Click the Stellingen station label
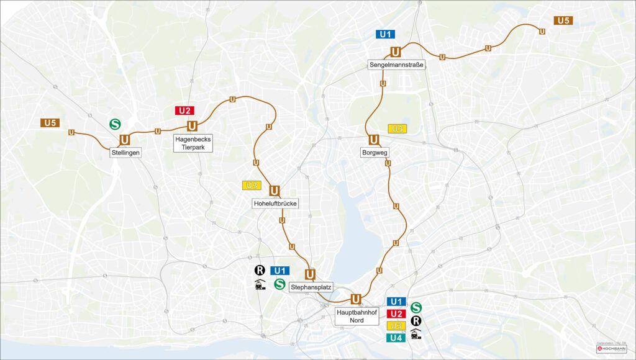(126, 152)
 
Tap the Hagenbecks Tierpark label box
(193, 143)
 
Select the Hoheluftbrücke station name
(275, 204)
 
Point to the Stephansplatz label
(311, 287)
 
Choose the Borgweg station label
(373, 152)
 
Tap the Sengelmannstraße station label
(396, 65)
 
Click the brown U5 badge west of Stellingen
(50, 123)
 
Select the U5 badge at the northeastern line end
(563, 20)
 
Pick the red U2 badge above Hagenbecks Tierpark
(184, 110)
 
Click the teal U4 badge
(397, 338)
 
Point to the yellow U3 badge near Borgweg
(397, 128)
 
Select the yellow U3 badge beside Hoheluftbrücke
(252, 185)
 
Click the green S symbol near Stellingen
(115, 124)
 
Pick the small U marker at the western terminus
(71, 132)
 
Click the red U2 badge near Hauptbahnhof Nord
(397, 313)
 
